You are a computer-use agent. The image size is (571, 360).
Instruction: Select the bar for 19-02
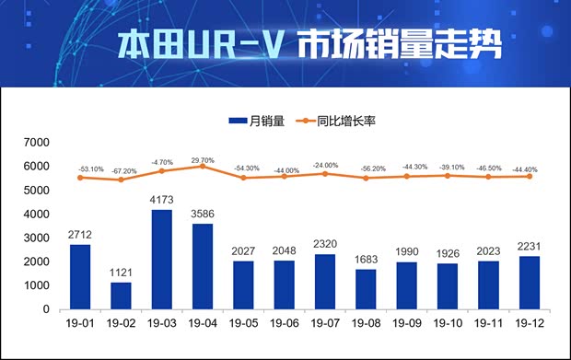122,296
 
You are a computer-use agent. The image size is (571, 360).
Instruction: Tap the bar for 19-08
365,289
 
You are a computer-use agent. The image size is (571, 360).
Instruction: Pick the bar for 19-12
528,283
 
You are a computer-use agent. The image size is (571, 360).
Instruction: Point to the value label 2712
80,235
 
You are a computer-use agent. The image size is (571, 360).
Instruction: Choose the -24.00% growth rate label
324,165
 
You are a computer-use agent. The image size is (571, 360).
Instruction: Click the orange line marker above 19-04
202,167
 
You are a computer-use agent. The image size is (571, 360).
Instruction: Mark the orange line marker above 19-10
447,175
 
